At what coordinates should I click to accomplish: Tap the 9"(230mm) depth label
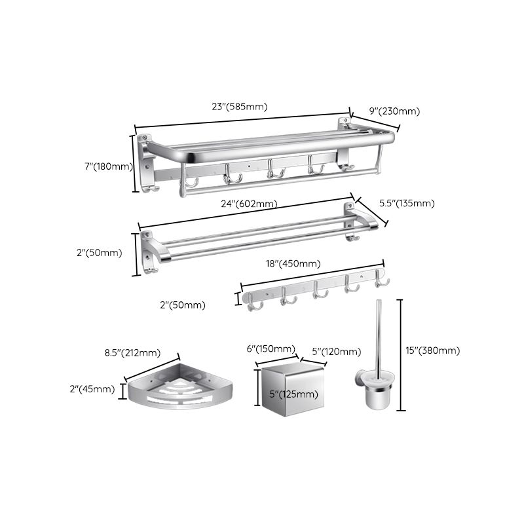pyautogui.click(x=394, y=111)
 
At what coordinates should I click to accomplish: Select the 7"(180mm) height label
pyautogui.click(x=108, y=166)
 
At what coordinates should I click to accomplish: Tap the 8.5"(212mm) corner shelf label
pyautogui.click(x=133, y=353)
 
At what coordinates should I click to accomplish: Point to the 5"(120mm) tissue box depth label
pyautogui.click(x=334, y=352)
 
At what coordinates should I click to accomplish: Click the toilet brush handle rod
pyautogui.click(x=377, y=334)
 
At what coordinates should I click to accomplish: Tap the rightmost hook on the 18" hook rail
pyautogui.click(x=382, y=282)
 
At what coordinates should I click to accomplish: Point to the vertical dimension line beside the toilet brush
pyautogui.click(x=400, y=354)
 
